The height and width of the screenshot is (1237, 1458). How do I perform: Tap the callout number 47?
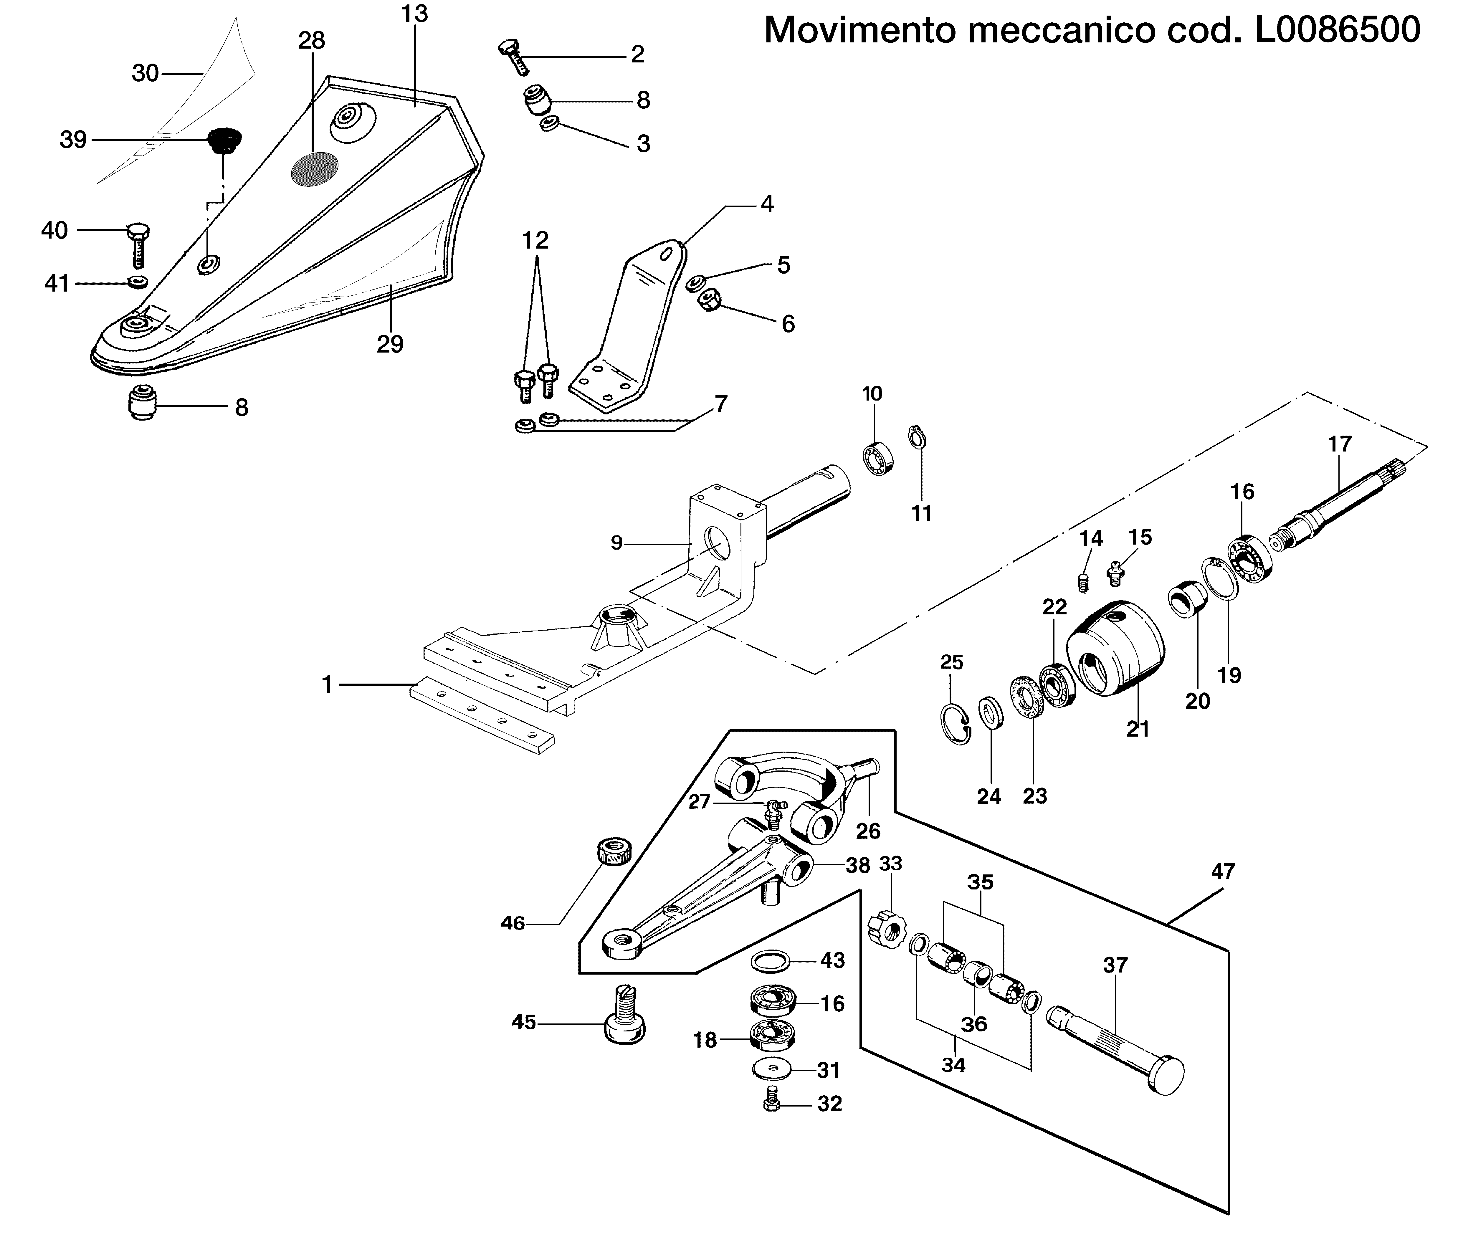tap(1222, 872)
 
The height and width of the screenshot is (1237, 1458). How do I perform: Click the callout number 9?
tap(616, 543)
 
